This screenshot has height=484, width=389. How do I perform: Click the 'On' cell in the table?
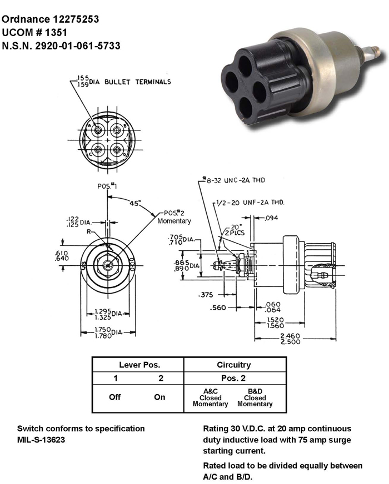(x=159, y=397)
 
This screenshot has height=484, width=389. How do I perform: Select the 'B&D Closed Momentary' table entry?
(x=255, y=398)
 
